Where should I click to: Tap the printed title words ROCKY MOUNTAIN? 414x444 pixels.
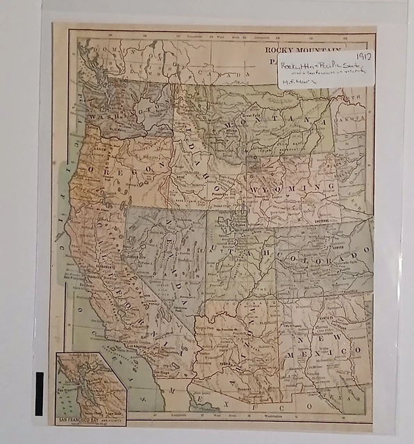tap(301, 50)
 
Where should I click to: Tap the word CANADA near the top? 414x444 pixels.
tap(232, 75)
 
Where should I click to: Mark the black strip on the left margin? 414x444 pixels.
tap(39, 393)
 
